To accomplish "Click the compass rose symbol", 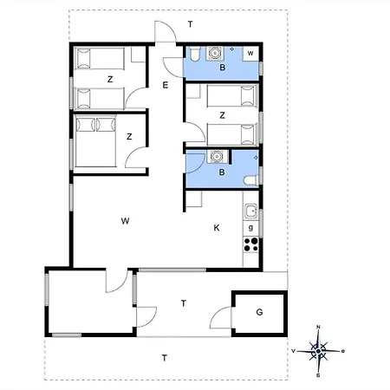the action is point(318,351).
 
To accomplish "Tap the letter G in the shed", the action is point(259,312).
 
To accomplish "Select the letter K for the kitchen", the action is point(217,228).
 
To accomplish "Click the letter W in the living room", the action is point(125,221).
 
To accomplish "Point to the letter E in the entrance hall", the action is point(166,85).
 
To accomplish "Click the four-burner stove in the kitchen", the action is point(250,244).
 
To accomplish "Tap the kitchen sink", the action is point(250,211).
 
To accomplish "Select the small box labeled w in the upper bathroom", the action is point(250,54).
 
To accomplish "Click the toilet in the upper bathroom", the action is point(194,54).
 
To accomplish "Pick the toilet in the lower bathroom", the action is point(251,180).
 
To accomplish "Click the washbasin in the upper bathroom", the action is point(214,53).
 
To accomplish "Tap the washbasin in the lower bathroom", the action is point(216,157).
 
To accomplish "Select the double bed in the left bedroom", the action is point(95,141).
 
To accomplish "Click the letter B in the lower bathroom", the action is point(222,172).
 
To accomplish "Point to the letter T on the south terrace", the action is point(165,358).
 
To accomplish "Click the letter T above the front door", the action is point(190,24).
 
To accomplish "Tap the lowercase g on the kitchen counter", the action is point(250,228).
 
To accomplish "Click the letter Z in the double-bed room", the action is point(129,136).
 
